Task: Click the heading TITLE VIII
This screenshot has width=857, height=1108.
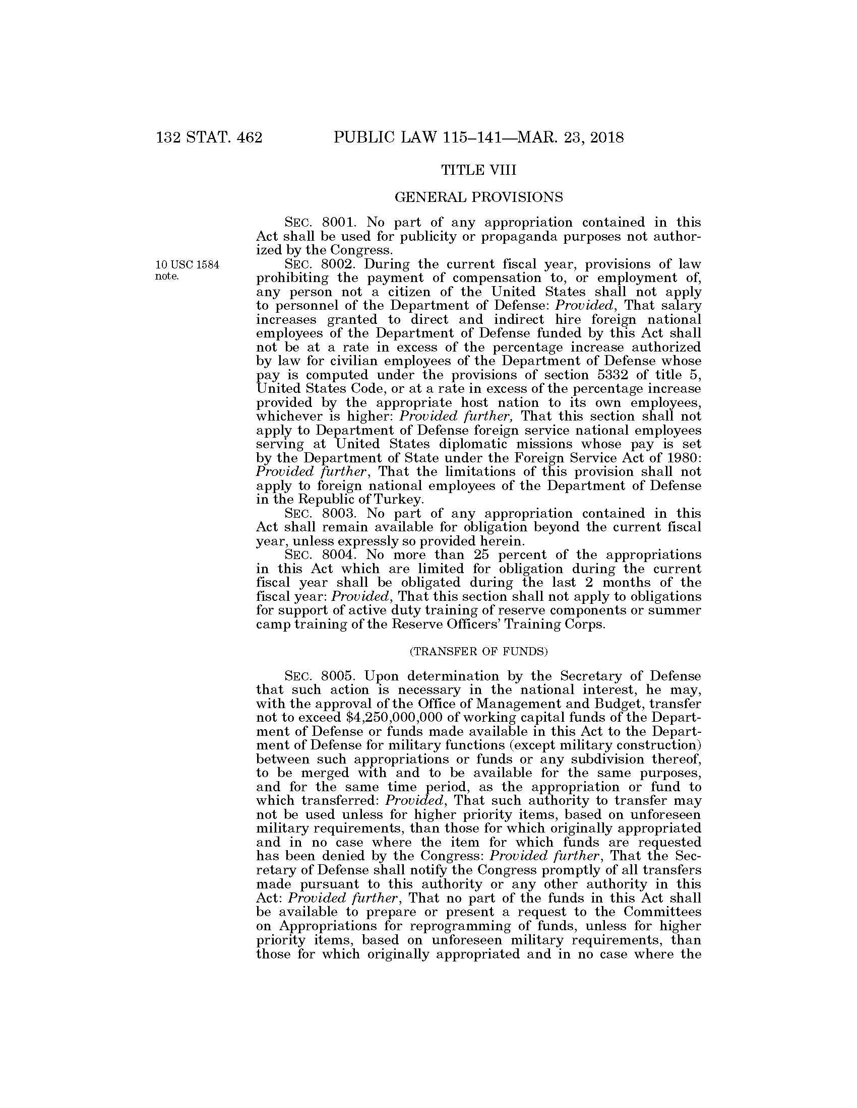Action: tap(478, 170)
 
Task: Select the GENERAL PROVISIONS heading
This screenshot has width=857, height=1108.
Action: tap(478, 197)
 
